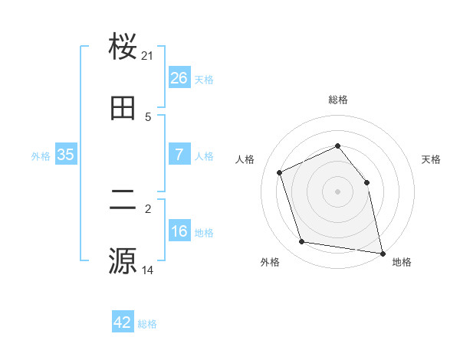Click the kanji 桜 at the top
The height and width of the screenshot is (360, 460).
coord(123,47)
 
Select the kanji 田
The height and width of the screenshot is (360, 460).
coord(123,108)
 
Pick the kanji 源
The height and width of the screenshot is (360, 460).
coord(123,260)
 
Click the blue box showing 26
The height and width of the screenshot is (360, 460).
coord(179,78)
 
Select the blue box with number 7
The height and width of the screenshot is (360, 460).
coord(179,155)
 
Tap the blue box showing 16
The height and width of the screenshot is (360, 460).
coord(179,231)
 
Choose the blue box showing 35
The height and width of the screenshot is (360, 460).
coord(66,155)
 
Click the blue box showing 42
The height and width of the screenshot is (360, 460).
coord(123,322)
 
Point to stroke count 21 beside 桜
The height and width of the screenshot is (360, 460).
coord(148,56)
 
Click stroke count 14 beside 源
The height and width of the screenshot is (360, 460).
coord(148,270)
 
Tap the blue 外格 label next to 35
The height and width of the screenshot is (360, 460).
coord(41,156)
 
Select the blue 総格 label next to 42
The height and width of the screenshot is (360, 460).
coord(147,324)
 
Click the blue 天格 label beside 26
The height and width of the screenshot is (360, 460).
coord(204,80)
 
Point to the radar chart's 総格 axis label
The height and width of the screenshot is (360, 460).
coord(338,100)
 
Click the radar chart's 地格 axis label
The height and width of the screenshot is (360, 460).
coord(402,262)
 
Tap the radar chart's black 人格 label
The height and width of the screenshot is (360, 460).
coord(245,159)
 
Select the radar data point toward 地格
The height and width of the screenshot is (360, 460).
coord(383,252)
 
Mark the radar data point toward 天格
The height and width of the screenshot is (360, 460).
coord(366,182)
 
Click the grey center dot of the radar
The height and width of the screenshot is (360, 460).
coord(338,191)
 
